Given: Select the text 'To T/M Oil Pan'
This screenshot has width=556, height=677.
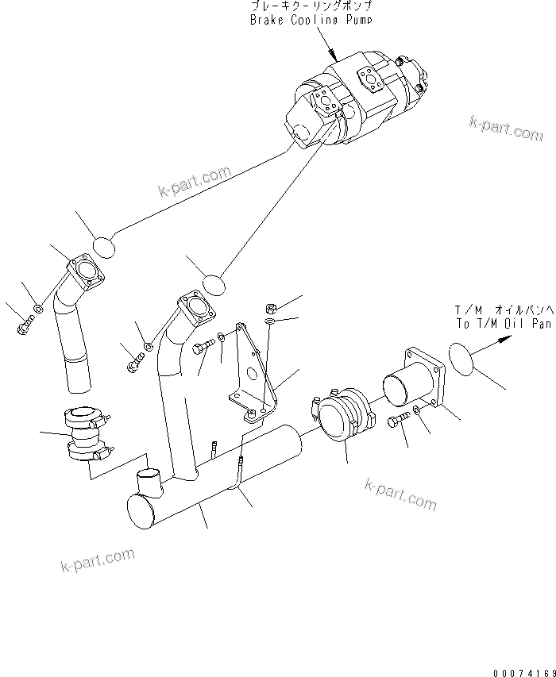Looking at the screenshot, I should click(x=503, y=324).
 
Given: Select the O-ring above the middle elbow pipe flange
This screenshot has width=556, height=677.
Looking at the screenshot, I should click(x=214, y=283).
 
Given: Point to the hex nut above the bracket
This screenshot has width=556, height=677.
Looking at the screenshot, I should click(x=269, y=307).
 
